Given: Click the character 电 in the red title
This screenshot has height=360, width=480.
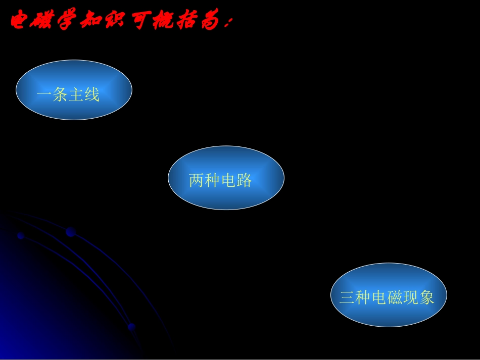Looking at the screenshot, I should [19, 22].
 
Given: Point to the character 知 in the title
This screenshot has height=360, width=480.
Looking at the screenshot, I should [91, 22].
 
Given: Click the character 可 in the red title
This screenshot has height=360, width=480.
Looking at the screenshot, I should [141, 22].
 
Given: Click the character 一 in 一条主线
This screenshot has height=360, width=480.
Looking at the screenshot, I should [44, 94].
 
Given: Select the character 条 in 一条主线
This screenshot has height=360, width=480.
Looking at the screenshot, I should [60, 94].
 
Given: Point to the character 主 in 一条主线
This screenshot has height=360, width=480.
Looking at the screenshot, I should [76, 94].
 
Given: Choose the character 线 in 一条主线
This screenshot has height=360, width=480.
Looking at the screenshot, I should [92, 94].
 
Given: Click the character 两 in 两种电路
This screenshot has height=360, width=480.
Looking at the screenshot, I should [197, 180].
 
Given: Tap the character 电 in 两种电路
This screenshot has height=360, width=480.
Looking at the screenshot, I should [228, 180].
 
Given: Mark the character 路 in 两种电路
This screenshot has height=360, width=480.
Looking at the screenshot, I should [244, 180].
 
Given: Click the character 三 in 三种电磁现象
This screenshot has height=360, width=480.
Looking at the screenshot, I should [347, 297].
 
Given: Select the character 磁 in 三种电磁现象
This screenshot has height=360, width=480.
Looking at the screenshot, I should [395, 297].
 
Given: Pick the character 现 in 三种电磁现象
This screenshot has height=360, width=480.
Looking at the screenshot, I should [411, 297].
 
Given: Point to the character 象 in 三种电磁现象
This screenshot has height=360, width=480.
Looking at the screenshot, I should [426, 297].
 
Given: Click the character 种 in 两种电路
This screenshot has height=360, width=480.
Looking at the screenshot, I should [212, 180].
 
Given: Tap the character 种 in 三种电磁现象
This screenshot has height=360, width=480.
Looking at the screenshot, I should [363, 297].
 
